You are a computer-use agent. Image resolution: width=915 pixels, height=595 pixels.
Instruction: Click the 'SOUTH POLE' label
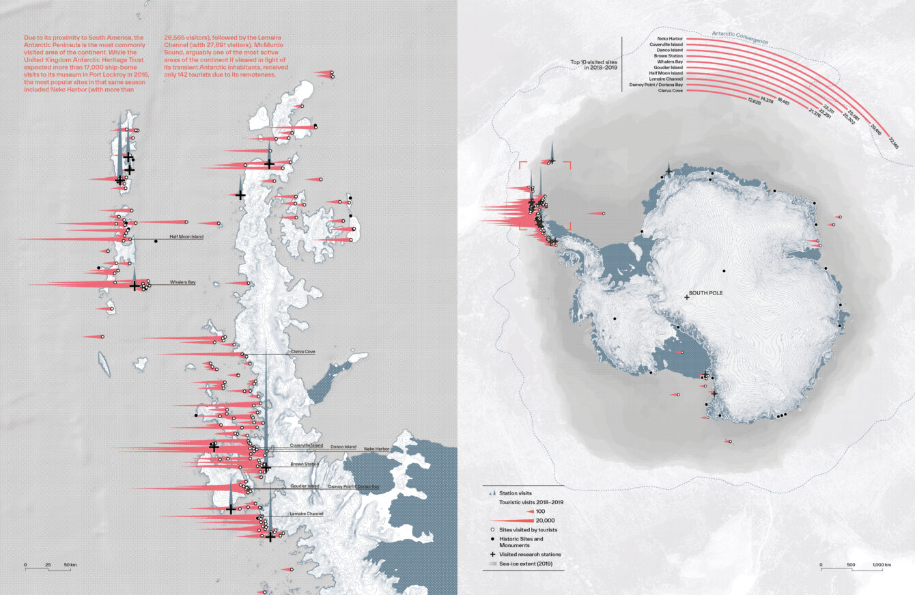tap(705, 293)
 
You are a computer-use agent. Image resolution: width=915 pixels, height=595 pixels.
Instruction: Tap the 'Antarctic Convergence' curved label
tap(740, 37)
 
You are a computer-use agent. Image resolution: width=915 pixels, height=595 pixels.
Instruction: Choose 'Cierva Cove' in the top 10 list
tap(671, 90)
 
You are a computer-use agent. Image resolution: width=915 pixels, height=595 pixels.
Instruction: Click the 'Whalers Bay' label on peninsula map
tap(183, 281)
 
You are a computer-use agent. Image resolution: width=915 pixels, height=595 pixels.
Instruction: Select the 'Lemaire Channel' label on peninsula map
tap(306, 513)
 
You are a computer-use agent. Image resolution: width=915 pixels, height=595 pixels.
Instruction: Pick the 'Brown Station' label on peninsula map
tap(305, 465)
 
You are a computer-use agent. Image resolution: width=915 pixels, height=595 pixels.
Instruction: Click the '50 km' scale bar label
tap(70, 566)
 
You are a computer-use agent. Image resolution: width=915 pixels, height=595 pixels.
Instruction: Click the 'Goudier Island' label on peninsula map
tap(305, 486)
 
